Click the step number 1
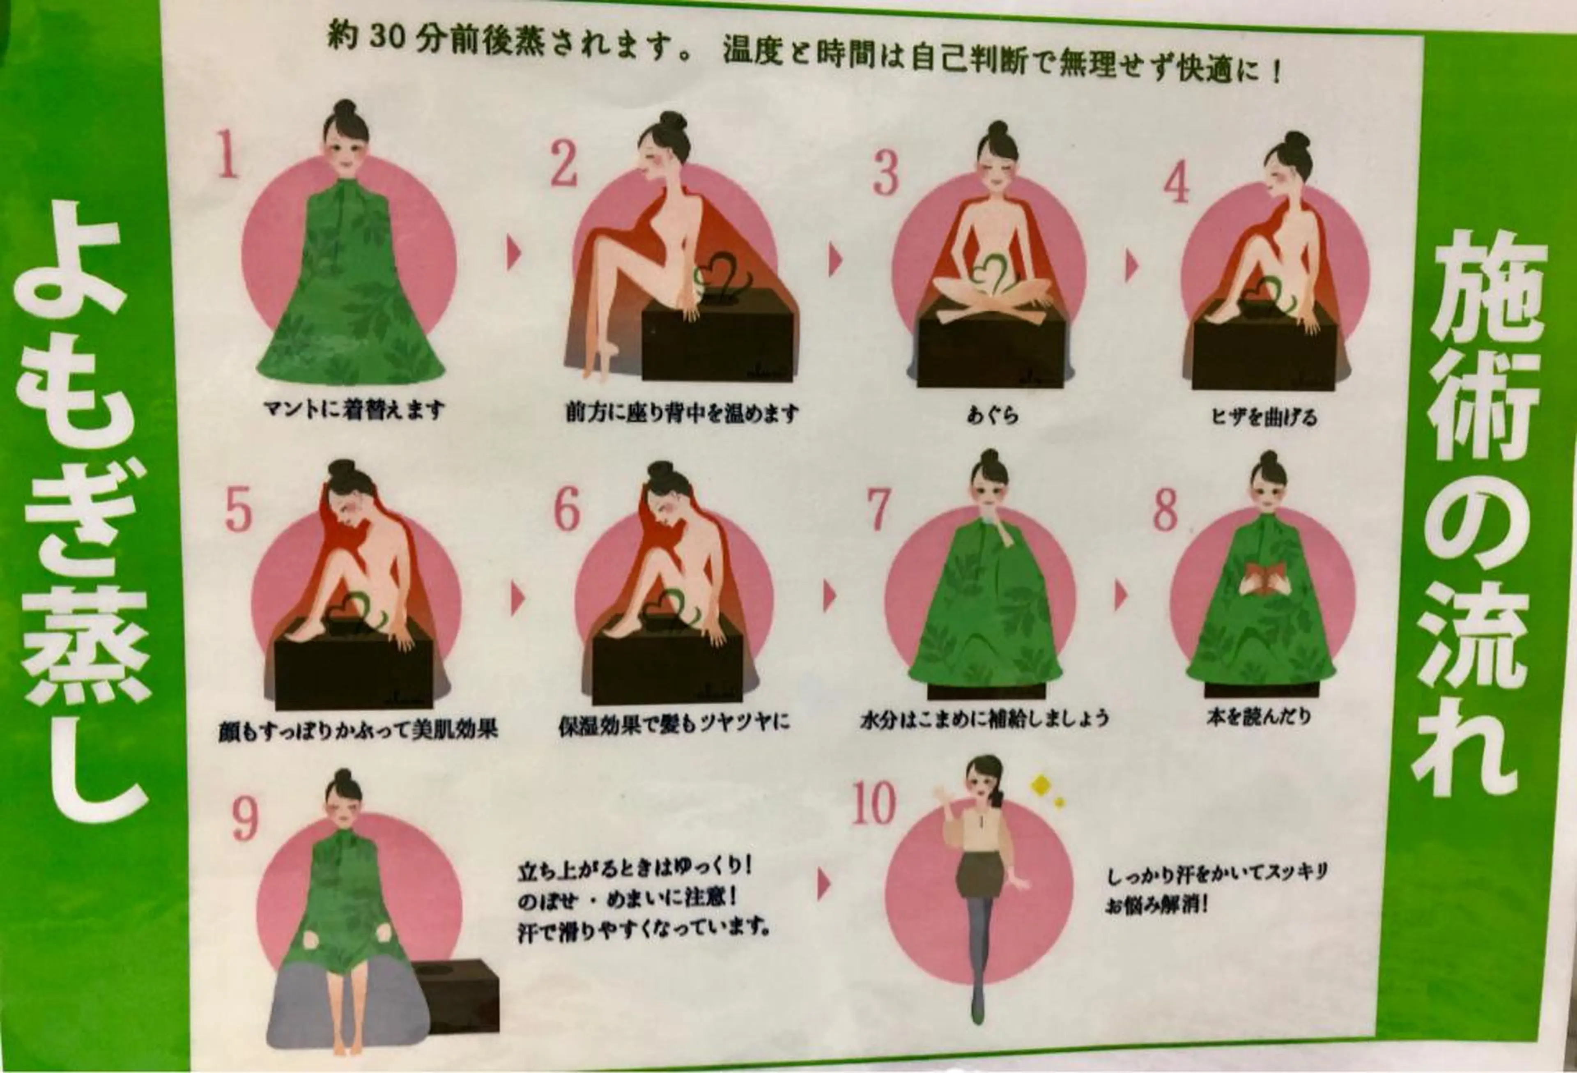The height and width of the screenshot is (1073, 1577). (228, 154)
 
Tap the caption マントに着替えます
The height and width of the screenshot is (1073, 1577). (355, 410)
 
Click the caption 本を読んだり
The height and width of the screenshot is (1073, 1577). (1259, 717)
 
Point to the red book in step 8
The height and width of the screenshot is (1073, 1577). (1261, 577)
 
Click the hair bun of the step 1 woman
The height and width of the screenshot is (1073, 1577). (345, 108)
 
